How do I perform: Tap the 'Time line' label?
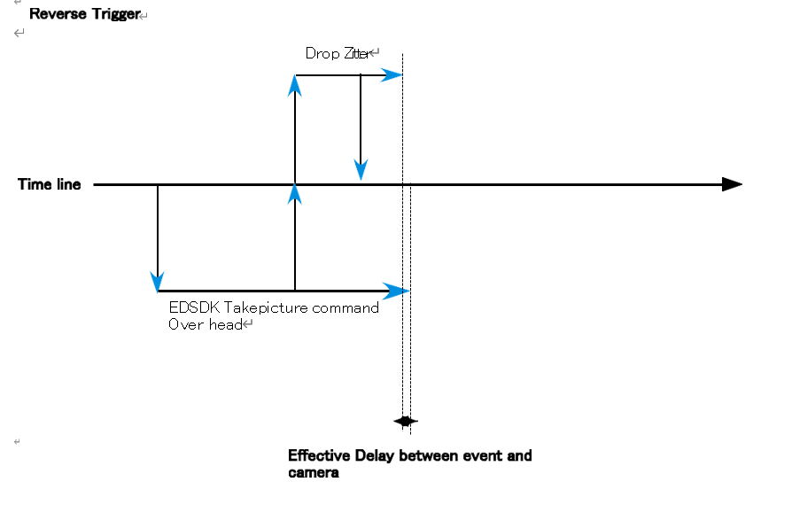tap(50, 184)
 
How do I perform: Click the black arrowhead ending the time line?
tap(732, 184)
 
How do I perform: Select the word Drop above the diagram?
tap(322, 54)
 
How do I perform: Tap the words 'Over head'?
tap(205, 324)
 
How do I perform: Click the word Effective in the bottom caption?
tap(320, 455)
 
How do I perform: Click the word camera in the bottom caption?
tap(314, 473)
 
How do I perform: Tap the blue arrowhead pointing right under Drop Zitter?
tap(392, 76)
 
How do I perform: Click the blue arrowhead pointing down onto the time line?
tap(361, 170)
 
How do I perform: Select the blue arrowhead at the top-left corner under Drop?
tap(296, 85)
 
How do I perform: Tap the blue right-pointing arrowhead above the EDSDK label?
tap(398, 291)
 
